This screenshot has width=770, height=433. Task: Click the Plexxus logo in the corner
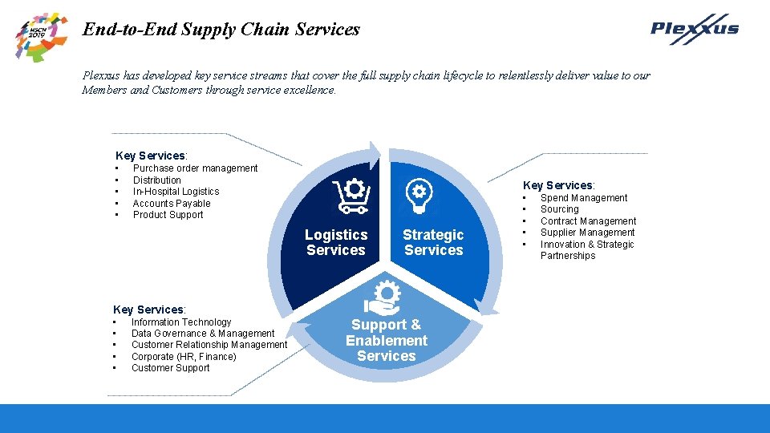pos(694,30)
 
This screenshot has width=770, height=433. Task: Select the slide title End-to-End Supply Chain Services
pos(221,30)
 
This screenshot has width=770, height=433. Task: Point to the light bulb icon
pos(419,195)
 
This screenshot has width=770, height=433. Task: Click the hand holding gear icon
pos(382,297)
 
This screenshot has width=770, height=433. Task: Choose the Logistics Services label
pos(336,242)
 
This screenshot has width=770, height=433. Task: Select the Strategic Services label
pos(433,242)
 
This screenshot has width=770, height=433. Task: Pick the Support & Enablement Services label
pos(387,340)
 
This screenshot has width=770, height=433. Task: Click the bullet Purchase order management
pos(195,168)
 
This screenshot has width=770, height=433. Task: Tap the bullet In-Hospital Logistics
pos(176,192)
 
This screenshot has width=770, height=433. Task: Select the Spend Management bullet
pos(584,198)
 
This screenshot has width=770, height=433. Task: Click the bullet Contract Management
pos(588,221)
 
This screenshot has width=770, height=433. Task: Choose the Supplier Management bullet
pos(587,233)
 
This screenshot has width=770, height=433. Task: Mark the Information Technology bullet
pos(181,322)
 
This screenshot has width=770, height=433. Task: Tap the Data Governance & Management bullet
pos(203,334)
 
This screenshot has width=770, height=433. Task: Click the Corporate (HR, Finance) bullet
pos(184,357)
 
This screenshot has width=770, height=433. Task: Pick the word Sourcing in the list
pos(559,209)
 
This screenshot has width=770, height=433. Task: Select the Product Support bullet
pos(168,215)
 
